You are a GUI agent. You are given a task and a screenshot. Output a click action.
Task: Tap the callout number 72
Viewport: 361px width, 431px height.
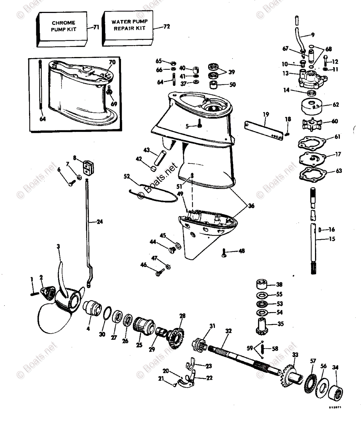tap(166, 27)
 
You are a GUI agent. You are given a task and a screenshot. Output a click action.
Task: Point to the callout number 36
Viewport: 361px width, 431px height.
tap(251, 206)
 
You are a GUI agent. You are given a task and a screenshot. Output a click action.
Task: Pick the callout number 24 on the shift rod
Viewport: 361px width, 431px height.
tap(99, 222)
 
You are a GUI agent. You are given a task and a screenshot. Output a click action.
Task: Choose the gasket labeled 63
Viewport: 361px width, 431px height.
tap(311, 175)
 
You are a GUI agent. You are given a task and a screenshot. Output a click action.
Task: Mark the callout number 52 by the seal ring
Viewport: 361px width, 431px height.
tap(127, 176)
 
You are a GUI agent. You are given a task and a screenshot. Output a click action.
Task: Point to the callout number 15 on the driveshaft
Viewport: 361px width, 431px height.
tap(332, 239)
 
